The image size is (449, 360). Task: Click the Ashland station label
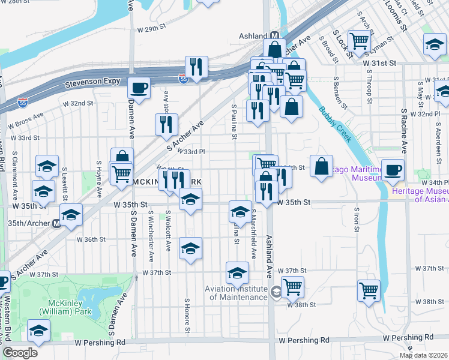(x=252, y=35)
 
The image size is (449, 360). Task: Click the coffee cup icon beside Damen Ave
(x=139, y=88)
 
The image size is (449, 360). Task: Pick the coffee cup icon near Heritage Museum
(x=393, y=170)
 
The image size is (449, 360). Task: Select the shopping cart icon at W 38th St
(x=292, y=286)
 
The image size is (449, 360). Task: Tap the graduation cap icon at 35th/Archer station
(x=71, y=214)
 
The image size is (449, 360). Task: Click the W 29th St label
(x=151, y=29)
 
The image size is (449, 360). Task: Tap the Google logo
(x=20, y=352)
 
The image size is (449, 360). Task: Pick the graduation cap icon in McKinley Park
(x=39, y=331)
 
